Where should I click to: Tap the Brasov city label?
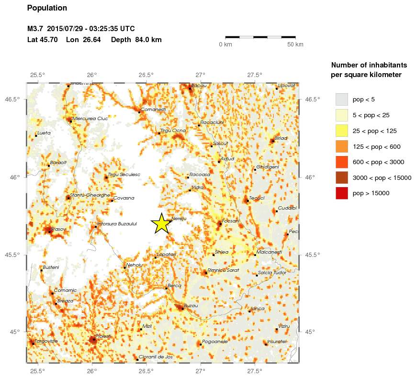[x=58, y=229]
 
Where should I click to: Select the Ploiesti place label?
[x=103, y=336]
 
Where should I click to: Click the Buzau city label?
[x=191, y=305]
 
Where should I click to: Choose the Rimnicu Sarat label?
[x=224, y=270]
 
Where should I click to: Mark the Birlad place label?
[x=280, y=138]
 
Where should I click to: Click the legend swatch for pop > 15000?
[x=341, y=193]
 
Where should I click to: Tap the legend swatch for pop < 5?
[x=341, y=100]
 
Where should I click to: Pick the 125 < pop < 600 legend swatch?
[x=341, y=146]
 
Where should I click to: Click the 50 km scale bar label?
[x=295, y=44]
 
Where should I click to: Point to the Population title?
[x=47, y=8]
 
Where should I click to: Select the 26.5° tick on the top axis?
[x=146, y=75]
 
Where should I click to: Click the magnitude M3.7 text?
[x=36, y=29]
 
